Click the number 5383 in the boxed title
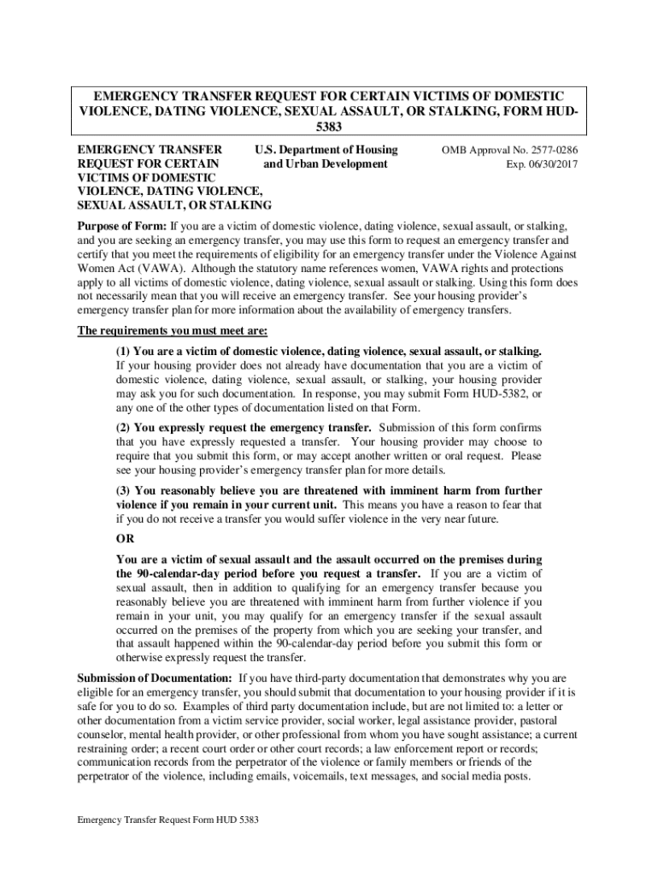(x=329, y=126)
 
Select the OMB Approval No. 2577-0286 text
(x=509, y=150)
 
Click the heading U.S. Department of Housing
(x=327, y=150)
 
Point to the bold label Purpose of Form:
(x=122, y=227)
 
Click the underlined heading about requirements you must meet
(x=173, y=331)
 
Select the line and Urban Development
(x=326, y=163)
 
